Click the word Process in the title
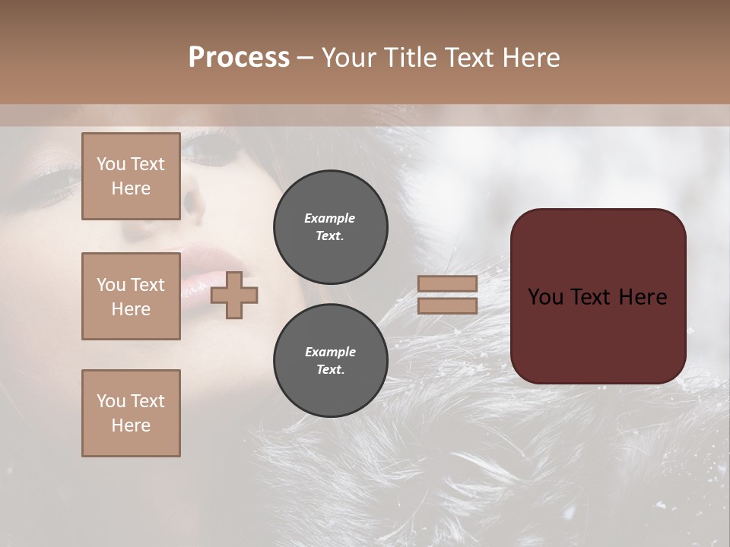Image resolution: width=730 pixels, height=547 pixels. (239, 58)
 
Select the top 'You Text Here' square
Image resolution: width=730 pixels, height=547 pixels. (131, 176)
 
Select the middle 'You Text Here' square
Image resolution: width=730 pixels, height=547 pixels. (131, 296)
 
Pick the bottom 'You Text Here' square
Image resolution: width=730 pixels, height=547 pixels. (131, 413)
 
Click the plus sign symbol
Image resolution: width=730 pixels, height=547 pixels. (234, 296)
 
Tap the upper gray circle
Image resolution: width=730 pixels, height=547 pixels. (330, 226)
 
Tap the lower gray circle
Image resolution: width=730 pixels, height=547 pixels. (330, 360)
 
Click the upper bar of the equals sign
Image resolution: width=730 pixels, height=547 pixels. (448, 283)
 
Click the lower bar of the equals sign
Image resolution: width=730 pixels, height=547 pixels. (448, 306)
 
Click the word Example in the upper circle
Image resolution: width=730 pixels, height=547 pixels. (329, 218)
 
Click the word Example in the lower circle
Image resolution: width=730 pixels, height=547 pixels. (329, 352)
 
